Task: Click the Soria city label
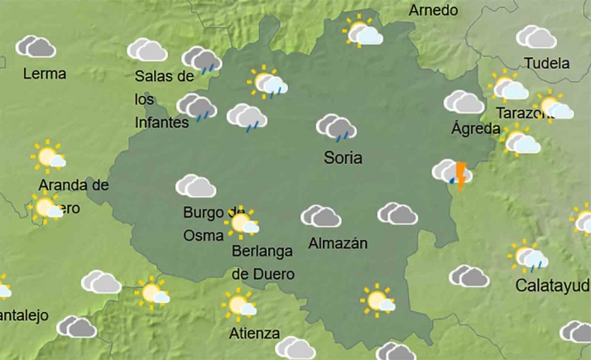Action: pyautogui.click(x=344, y=157)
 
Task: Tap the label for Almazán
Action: pyautogui.click(x=337, y=243)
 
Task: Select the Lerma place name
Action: pyautogui.click(x=45, y=73)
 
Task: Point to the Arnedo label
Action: pyautogui.click(x=434, y=11)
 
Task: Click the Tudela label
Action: pyautogui.click(x=547, y=64)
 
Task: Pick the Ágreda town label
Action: pyautogui.click(x=475, y=128)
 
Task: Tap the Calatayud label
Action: pyautogui.click(x=552, y=286)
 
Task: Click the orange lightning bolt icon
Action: pyautogui.click(x=460, y=175)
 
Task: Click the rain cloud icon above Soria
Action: pyautogui.click(x=335, y=127)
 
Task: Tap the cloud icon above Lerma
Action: pyautogui.click(x=36, y=46)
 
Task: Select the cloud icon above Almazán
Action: pyautogui.click(x=321, y=216)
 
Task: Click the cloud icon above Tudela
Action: pyautogui.click(x=536, y=37)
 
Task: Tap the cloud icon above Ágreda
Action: pyautogui.click(x=464, y=102)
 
